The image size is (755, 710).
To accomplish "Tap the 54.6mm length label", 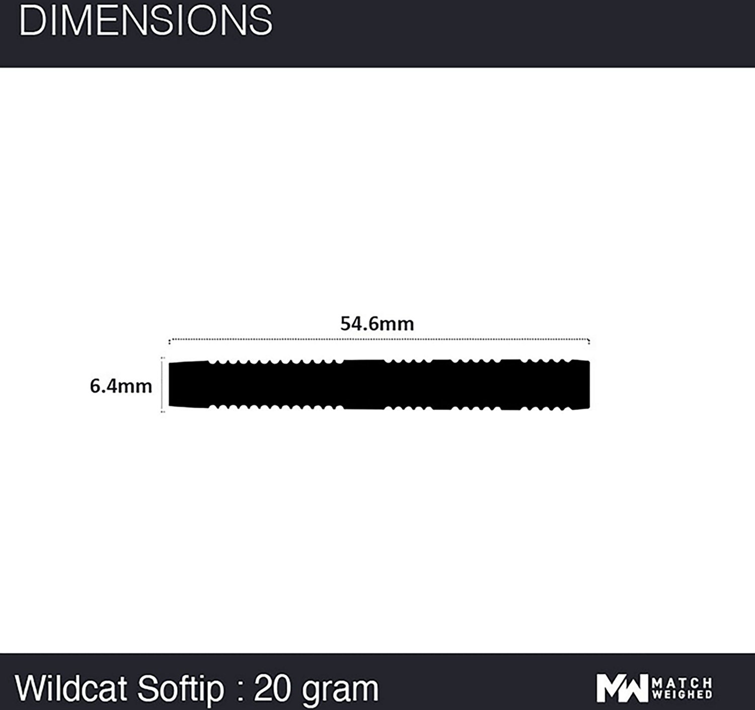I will (377, 324).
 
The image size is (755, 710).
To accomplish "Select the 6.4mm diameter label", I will (121, 386).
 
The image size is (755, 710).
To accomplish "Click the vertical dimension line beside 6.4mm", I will (162, 385).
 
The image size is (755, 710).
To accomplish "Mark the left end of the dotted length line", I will (169, 340).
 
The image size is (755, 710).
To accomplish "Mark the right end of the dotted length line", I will (588, 340).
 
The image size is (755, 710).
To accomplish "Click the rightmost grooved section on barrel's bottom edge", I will (546, 407).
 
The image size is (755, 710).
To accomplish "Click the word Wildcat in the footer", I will (71, 688).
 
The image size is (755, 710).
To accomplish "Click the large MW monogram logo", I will (622, 688).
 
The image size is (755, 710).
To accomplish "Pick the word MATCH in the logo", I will (682, 683).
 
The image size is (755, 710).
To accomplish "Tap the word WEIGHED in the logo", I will (682, 694).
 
